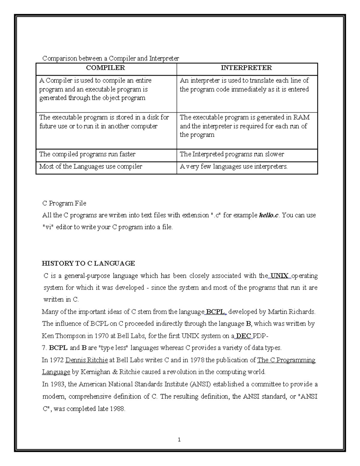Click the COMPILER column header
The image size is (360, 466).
[105, 68]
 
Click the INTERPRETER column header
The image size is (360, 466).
[246, 68]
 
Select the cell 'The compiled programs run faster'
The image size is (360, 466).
[87, 154]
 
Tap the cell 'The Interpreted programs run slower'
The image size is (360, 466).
[232, 154]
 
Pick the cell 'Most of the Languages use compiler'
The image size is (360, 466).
[91, 167]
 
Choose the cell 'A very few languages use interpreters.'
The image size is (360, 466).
[233, 167]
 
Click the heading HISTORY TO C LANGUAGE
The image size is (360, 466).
[88, 263]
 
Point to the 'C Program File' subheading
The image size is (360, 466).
[64, 203]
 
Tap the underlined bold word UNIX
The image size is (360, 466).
[279, 276]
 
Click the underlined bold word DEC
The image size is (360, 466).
[244, 336]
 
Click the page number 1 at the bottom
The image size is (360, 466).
[179, 440]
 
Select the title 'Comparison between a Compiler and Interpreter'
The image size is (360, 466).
[110, 58]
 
